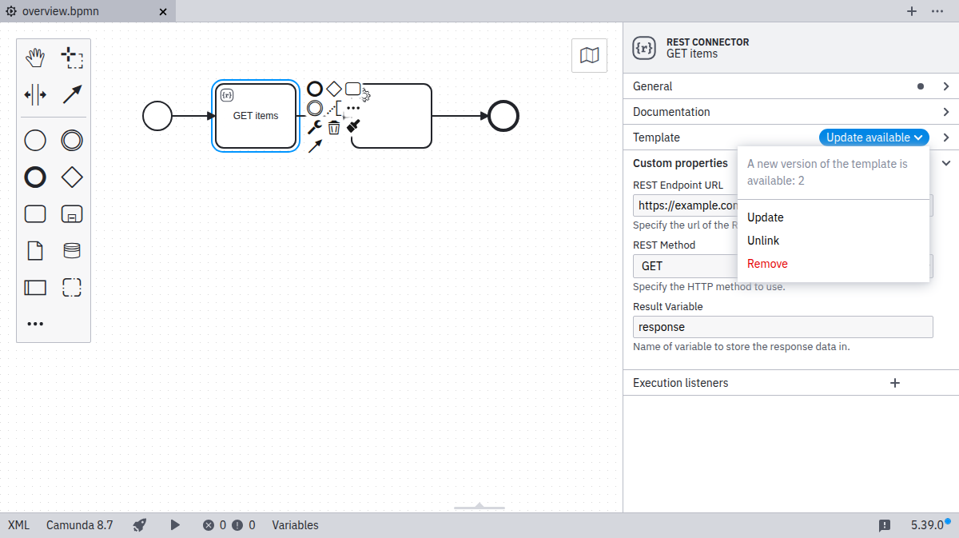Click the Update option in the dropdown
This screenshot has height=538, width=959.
[x=766, y=217]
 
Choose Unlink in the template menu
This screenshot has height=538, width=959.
[x=763, y=241]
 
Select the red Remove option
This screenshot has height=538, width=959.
[x=767, y=264]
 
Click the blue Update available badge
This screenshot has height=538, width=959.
[x=873, y=137]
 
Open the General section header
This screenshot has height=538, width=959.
[x=653, y=86]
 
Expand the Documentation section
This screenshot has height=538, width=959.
[x=671, y=112]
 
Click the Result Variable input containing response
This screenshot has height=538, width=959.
[x=782, y=327]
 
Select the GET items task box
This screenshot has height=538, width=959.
[x=256, y=116]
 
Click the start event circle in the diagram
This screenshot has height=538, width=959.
[x=157, y=116]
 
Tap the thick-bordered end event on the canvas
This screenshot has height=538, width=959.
[x=503, y=116]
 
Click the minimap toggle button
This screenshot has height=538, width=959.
[x=590, y=55]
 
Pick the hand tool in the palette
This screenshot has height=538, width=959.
[x=35, y=58]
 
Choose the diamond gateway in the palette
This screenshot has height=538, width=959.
[x=72, y=177]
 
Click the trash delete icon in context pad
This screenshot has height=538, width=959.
[x=334, y=127]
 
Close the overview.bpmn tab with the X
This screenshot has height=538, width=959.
[x=163, y=12]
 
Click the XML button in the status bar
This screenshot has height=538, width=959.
[x=18, y=525]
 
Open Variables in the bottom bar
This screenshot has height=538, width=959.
[x=295, y=525]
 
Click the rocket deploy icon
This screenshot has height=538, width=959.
[x=140, y=525]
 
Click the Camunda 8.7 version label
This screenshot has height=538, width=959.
[x=80, y=525]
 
